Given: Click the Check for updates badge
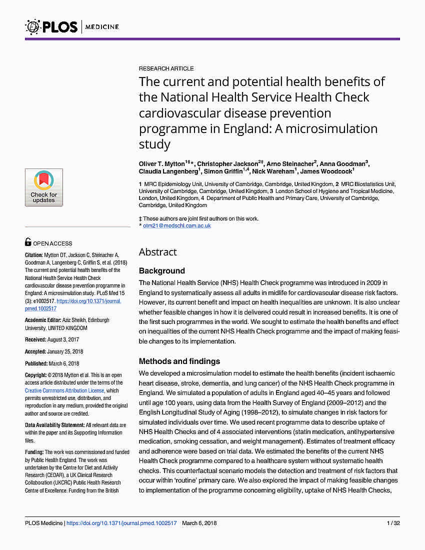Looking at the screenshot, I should pos(44,187).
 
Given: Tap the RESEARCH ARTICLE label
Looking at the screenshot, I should pos(166,68).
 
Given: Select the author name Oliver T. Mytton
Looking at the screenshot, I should pos(161,164).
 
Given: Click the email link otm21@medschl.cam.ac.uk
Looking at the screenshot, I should pos(177,225).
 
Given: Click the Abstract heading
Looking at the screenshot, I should pos(157,252).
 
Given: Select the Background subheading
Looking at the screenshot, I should pos(161,271).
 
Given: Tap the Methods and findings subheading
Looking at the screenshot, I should pos(179,361).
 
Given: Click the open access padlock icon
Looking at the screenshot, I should pos(28,242).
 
